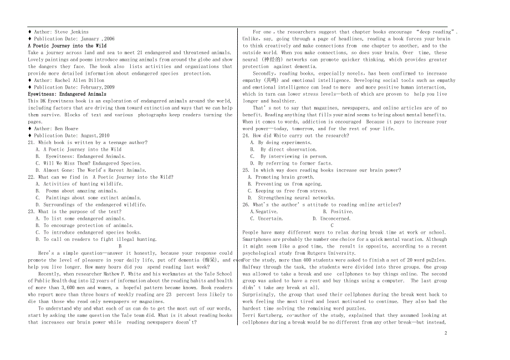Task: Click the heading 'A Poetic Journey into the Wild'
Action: pos(67,46)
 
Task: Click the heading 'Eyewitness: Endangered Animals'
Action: pos(67,94)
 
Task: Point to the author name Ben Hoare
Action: pos(66,128)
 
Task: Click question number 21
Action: pos(32,142)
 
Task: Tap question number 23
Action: pos(32,212)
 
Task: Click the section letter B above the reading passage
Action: pos(120,246)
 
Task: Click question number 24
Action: pos(246,136)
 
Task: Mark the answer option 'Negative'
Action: pos(266,212)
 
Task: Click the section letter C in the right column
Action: pos(332,225)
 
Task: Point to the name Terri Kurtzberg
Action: pos(263,315)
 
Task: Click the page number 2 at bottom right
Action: pos(445,333)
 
